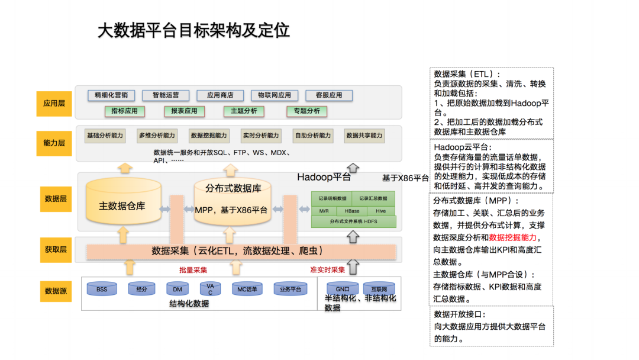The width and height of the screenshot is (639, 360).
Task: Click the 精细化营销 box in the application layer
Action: [x=111, y=95]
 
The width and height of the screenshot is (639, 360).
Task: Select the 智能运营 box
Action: [x=166, y=95]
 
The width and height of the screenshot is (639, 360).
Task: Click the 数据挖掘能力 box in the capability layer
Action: [x=209, y=136]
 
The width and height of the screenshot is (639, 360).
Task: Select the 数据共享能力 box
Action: [x=364, y=136]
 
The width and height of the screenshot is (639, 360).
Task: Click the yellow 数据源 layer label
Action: [x=54, y=291]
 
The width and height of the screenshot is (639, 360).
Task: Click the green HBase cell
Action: [x=352, y=211]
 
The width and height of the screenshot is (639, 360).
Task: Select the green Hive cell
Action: [x=380, y=211]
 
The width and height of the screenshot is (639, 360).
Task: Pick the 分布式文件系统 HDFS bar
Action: [x=353, y=221]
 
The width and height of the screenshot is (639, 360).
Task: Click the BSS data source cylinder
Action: [x=102, y=290]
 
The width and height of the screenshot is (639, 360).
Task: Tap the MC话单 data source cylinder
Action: [x=247, y=290]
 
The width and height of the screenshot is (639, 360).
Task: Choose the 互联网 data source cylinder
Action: [x=379, y=289]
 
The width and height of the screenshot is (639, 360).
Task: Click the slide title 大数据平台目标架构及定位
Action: [x=193, y=31]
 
